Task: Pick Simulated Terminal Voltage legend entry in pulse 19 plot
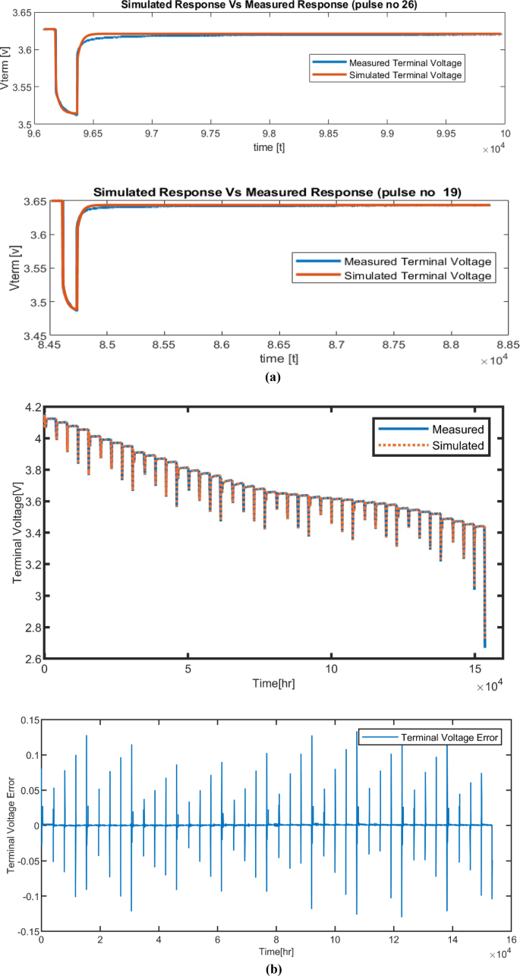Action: [x=413, y=276]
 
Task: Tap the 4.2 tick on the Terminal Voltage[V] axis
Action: [x=31, y=408]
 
